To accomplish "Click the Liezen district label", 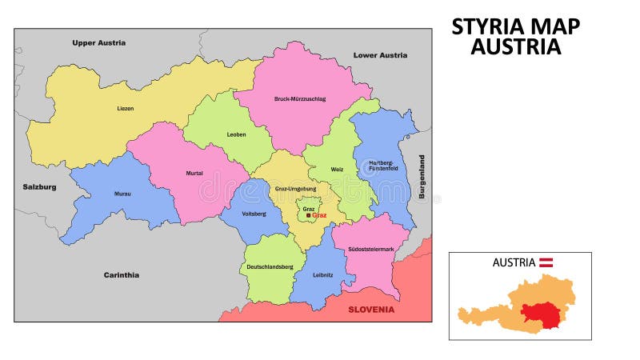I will tap(126, 108).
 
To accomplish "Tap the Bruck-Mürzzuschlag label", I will tap(300, 98).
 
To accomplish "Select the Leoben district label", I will tap(236, 134).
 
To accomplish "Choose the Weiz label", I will tap(338, 169).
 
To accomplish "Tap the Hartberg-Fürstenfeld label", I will tap(381, 166).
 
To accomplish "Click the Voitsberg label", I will tap(254, 214).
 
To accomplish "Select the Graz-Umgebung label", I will tap(295, 189).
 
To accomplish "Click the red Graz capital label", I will tap(320, 215).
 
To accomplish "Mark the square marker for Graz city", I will tap(309, 215).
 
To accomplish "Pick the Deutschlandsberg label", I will tap(270, 266).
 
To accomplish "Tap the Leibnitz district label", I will tap(324, 274).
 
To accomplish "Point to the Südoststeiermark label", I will tap(370, 249).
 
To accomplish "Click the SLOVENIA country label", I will tap(371, 309).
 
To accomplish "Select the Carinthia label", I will tap(122, 274).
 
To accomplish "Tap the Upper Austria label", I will tap(98, 42).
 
